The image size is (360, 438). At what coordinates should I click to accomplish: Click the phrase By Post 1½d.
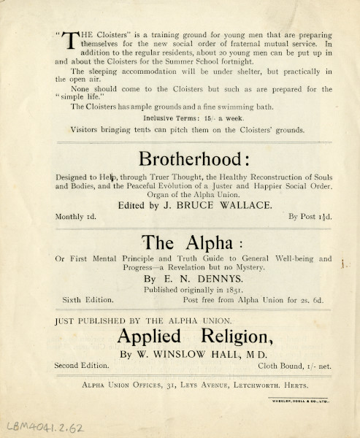[x=310, y=217]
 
